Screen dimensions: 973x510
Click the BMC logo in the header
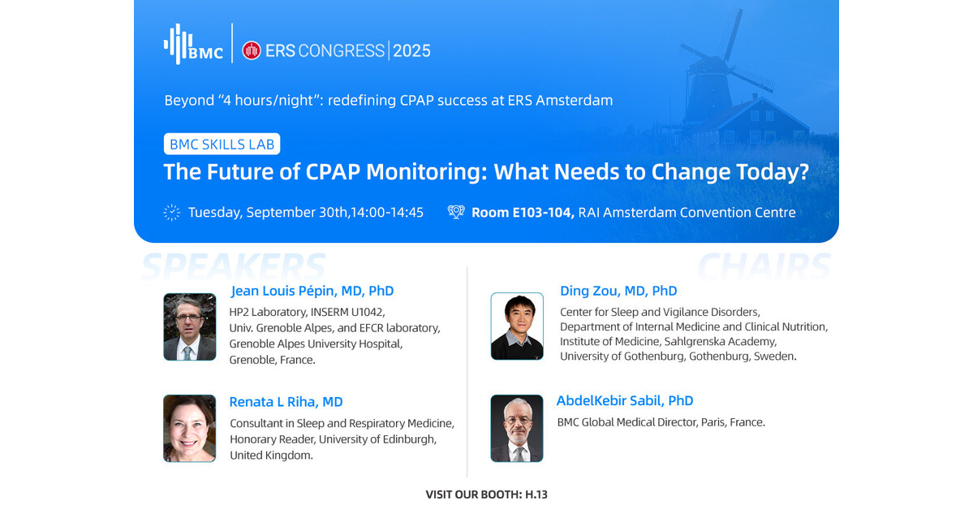tap(193, 44)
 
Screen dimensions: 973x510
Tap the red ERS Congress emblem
tap(252, 50)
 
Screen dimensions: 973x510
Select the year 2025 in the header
tap(411, 51)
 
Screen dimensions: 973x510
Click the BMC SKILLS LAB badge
tap(222, 144)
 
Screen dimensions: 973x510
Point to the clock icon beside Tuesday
tap(172, 213)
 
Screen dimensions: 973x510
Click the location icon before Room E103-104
tap(456, 213)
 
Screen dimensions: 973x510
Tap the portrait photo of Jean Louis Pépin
tap(190, 326)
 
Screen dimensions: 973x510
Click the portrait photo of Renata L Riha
tap(190, 429)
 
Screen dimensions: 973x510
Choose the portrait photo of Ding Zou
tap(517, 326)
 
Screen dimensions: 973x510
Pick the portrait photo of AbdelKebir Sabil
tap(517, 429)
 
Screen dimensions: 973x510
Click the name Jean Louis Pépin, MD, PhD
tap(312, 291)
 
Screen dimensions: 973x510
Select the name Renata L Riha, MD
tap(286, 402)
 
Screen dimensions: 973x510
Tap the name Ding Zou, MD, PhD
tap(618, 291)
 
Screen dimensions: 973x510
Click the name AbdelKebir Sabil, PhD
tap(625, 400)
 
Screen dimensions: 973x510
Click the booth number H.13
tap(536, 495)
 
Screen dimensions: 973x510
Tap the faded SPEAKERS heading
tap(234, 266)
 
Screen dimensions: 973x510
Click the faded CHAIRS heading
tap(764, 266)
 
